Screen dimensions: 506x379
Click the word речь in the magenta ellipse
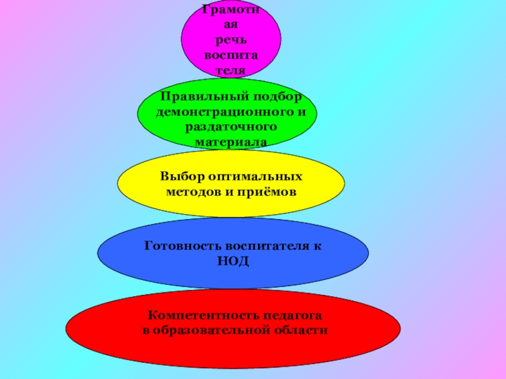point(231,40)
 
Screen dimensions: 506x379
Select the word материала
point(231,142)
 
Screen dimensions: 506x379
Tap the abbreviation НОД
point(232,260)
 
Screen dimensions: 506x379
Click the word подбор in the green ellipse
point(278,97)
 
